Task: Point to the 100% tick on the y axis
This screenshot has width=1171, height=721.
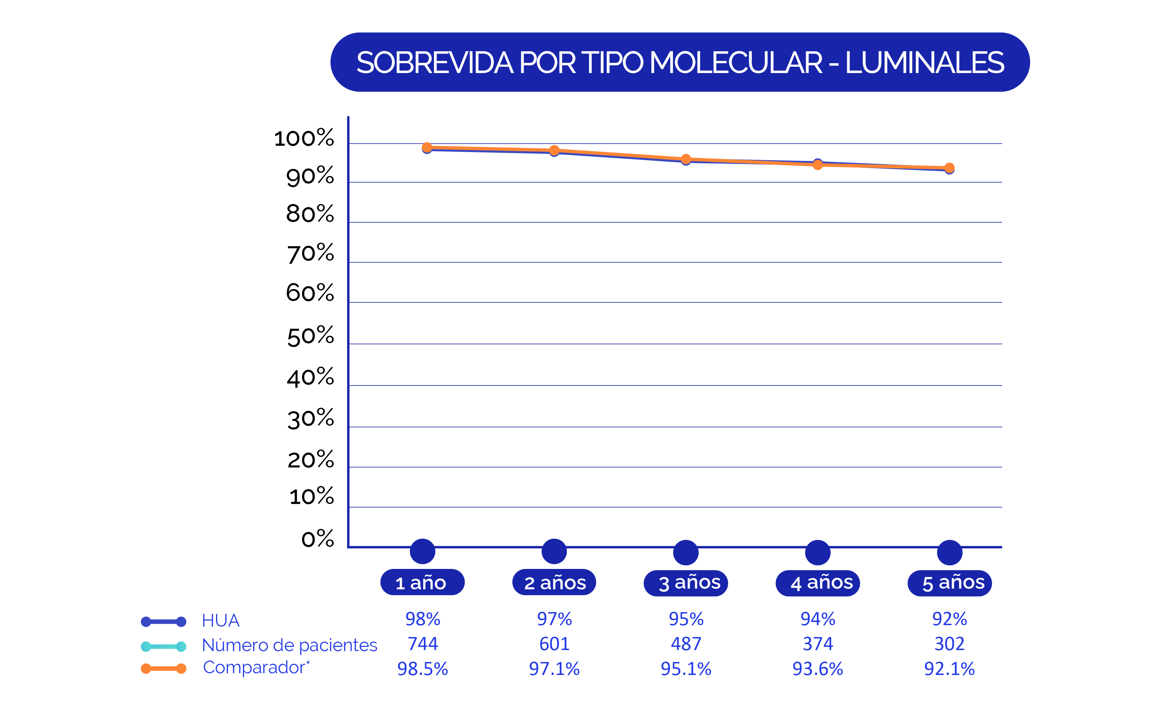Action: pyautogui.click(x=304, y=138)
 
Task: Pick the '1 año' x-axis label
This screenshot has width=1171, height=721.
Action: pyautogui.click(x=422, y=582)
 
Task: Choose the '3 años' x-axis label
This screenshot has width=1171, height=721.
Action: pyautogui.click(x=686, y=583)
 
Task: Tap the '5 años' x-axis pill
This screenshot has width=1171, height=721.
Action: pyautogui.click(x=949, y=583)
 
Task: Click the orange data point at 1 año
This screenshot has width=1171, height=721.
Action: pyautogui.click(x=427, y=148)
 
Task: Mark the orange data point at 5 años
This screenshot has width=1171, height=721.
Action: pyautogui.click(x=949, y=168)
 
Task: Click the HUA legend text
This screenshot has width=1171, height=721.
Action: pyautogui.click(x=220, y=621)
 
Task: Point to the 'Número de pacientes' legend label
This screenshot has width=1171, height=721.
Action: pyautogui.click(x=289, y=645)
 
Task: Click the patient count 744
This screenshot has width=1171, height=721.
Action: pyautogui.click(x=423, y=644)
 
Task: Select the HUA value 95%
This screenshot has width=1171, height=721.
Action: pyautogui.click(x=686, y=619)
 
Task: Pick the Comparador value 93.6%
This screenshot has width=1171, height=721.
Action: pyautogui.click(x=817, y=669)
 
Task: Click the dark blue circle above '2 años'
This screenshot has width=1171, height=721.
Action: pyautogui.click(x=554, y=552)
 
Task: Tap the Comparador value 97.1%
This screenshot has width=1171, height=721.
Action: pyautogui.click(x=554, y=669)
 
